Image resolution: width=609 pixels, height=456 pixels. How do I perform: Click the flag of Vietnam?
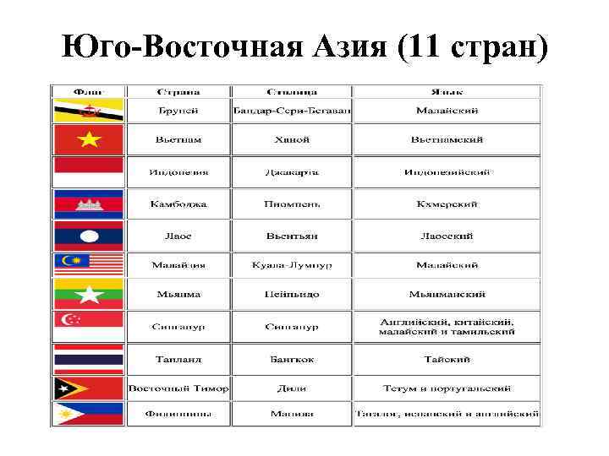(89, 139)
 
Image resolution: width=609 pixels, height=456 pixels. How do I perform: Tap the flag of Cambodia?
(89, 203)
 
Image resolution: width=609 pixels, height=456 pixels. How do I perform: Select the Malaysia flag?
(89, 264)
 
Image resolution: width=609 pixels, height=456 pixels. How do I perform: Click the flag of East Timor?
(89, 388)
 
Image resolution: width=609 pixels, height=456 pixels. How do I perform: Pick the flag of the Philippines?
(89, 414)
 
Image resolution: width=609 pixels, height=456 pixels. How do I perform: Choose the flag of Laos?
(89, 234)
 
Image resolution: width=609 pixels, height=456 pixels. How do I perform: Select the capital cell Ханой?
(291, 139)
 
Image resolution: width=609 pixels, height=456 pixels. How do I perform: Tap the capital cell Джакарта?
(291, 172)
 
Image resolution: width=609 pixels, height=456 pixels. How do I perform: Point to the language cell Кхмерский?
(447, 204)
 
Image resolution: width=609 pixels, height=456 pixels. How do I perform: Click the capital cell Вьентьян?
(291, 235)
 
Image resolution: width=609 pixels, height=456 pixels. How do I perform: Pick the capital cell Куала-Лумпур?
(291, 265)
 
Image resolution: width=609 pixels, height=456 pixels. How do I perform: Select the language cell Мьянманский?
(447, 295)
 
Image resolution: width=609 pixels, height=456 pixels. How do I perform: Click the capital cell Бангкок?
(291, 359)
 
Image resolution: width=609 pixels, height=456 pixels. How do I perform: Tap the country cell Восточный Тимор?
(178, 388)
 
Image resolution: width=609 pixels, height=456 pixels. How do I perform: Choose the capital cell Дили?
(291, 388)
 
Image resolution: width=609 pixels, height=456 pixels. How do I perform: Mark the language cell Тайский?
(447, 359)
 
